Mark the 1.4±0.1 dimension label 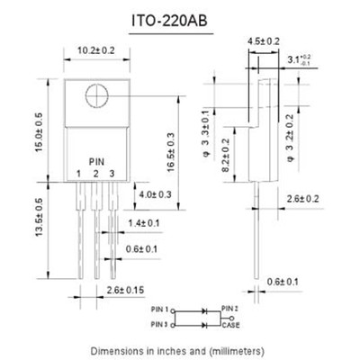143,222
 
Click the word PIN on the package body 96,159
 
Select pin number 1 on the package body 79,172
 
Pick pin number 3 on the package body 111,172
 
